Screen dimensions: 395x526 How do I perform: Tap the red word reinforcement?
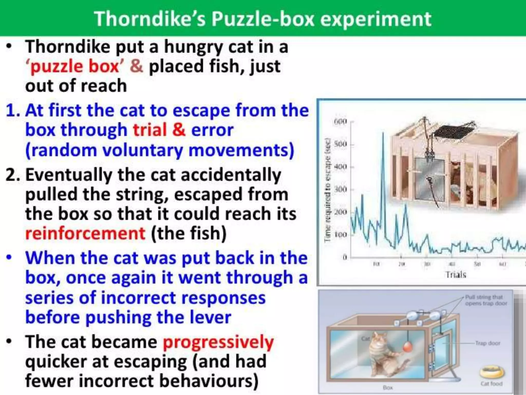(x=85, y=233)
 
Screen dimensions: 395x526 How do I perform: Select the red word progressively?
(x=218, y=342)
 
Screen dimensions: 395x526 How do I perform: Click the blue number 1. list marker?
(x=13, y=111)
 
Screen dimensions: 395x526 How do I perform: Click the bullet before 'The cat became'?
(x=9, y=342)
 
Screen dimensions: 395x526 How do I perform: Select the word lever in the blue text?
(x=210, y=317)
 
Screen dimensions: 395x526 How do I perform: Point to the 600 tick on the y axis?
(x=341, y=121)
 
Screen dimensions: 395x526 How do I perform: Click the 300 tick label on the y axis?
(x=341, y=190)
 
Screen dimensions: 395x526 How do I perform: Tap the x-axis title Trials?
(x=456, y=275)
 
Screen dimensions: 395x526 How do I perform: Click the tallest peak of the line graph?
(x=383, y=133)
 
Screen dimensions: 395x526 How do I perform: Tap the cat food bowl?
(x=492, y=372)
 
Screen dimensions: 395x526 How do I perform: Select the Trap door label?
(x=487, y=343)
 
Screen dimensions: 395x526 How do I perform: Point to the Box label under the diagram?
(x=388, y=388)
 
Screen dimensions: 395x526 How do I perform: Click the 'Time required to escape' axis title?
(x=327, y=190)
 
